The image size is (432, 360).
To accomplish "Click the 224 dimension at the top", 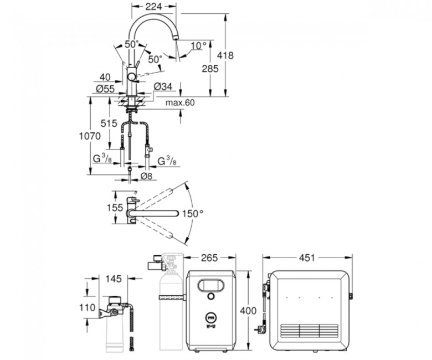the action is click(x=153, y=6).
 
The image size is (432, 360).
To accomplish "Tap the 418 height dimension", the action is click(x=225, y=55).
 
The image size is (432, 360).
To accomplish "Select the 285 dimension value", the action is click(x=210, y=69).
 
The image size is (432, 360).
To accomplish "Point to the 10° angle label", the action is click(x=199, y=46).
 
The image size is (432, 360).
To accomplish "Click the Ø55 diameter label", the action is click(x=105, y=89).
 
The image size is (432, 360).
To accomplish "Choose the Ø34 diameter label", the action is click(x=163, y=86).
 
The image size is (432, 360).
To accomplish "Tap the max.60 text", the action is click(x=180, y=103).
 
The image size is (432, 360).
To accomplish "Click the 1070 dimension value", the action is click(x=90, y=136).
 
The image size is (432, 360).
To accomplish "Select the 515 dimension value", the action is click(x=109, y=123).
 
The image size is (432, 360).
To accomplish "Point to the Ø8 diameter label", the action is click(x=146, y=176).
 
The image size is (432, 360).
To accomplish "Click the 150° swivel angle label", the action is click(x=193, y=213).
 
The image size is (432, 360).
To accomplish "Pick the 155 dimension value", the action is click(x=115, y=207).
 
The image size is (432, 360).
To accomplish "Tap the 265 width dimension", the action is click(x=209, y=258).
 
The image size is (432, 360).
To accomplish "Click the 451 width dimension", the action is click(x=307, y=258).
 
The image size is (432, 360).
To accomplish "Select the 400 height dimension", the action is click(x=248, y=311).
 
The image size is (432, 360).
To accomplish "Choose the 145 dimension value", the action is click(x=114, y=279).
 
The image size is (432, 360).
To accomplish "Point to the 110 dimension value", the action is click(x=88, y=308).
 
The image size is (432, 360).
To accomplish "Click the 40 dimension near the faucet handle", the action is click(x=105, y=78).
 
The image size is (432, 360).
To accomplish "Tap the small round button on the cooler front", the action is click(x=211, y=296).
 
